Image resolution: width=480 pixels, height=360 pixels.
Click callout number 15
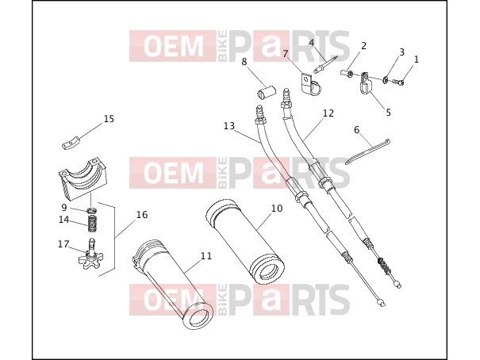(x=109, y=119)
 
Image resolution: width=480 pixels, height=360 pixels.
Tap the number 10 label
(x=277, y=209)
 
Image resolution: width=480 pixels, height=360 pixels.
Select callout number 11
(x=206, y=255)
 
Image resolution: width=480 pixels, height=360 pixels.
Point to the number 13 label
(x=229, y=126)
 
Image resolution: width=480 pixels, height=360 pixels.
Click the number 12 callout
(x=328, y=113)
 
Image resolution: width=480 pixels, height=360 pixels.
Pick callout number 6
(x=357, y=130)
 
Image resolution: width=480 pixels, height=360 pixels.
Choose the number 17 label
(x=63, y=244)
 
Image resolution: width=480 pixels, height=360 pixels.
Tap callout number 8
(x=244, y=62)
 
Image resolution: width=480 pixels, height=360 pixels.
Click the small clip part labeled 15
(x=71, y=144)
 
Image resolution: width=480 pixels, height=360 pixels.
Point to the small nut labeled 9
(x=92, y=210)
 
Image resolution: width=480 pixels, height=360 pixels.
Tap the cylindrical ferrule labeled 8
(x=266, y=93)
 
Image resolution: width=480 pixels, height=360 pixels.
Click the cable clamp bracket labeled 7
(x=309, y=84)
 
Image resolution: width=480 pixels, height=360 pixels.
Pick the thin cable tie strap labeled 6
(x=367, y=151)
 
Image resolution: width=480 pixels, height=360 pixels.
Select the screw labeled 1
(x=397, y=82)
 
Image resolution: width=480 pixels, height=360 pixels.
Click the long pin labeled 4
(x=326, y=64)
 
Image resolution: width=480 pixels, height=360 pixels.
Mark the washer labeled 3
(x=385, y=80)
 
